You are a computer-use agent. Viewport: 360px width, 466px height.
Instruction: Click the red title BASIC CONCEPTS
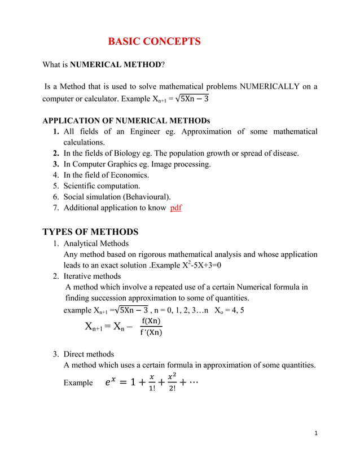coord(154,41)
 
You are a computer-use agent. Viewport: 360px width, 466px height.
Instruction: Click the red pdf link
coord(175,208)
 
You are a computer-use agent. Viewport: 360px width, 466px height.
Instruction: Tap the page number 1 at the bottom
coord(317,433)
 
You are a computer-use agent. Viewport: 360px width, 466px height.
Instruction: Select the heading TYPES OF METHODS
coord(90,232)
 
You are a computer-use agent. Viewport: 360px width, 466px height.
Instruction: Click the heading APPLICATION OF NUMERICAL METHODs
coord(126,121)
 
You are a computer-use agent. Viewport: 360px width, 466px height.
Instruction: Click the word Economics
coord(129,175)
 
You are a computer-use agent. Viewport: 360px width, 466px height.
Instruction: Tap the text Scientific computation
coord(102,186)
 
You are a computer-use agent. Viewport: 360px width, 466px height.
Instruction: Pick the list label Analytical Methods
coord(96,244)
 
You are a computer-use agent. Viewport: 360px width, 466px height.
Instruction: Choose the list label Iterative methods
coord(92,276)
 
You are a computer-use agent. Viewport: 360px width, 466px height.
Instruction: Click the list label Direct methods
coord(89,354)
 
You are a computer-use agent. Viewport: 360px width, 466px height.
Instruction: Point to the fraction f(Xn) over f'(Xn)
coord(151,327)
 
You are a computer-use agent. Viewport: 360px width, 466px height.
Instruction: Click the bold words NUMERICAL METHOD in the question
coord(116,65)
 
